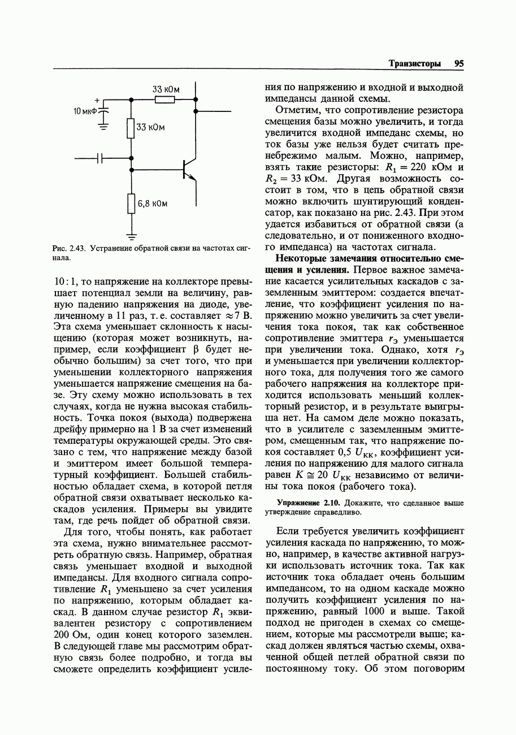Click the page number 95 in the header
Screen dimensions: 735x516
tap(458, 64)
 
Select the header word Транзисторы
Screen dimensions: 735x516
tap(414, 64)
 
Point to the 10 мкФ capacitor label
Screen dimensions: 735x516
tap(85, 110)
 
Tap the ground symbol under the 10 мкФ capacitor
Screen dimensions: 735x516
tap(103, 127)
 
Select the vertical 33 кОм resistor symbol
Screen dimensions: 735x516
tap(131, 128)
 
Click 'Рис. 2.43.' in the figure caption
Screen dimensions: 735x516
tap(68, 249)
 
